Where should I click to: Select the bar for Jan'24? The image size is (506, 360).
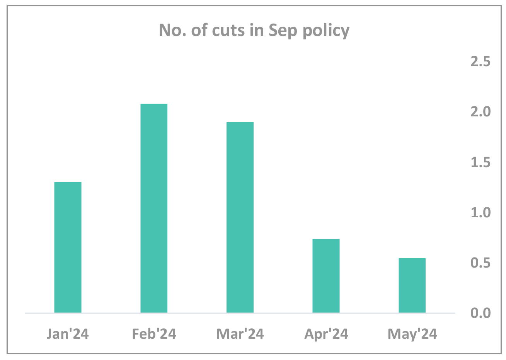click(x=68, y=247)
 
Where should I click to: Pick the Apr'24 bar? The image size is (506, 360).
click(x=326, y=276)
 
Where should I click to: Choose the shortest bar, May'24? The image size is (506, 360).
click(x=412, y=285)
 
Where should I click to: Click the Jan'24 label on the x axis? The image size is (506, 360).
click(x=68, y=334)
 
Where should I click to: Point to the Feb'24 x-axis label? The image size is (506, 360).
click(x=154, y=334)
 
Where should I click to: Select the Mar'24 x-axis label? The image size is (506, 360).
click(x=240, y=334)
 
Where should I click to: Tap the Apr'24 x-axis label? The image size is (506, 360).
click(x=326, y=334)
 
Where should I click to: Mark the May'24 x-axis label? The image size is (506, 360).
click(x=412, y=334)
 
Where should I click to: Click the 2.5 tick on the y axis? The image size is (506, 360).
click(x=480, y=61)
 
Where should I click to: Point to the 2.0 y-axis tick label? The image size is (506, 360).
click(x=480, y=112)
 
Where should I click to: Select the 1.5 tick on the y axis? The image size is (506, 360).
click(x=480, y=162)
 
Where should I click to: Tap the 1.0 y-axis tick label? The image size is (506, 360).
click(x=480, y=212)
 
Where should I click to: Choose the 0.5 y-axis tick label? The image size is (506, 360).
click(x=480, y=263)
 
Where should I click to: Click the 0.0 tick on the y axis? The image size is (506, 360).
click(x=480, y=313)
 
